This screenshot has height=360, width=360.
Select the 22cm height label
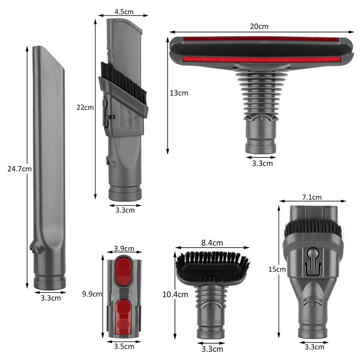(85, 107)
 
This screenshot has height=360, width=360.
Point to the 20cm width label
(259, 26)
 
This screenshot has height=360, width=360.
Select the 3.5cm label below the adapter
(124, 346)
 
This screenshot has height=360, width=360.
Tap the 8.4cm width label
(212, 243)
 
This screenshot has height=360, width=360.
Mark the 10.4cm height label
(175, 294)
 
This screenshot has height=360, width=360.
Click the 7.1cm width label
(312, 197)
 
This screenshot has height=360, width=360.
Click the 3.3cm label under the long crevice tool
(50, 298)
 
